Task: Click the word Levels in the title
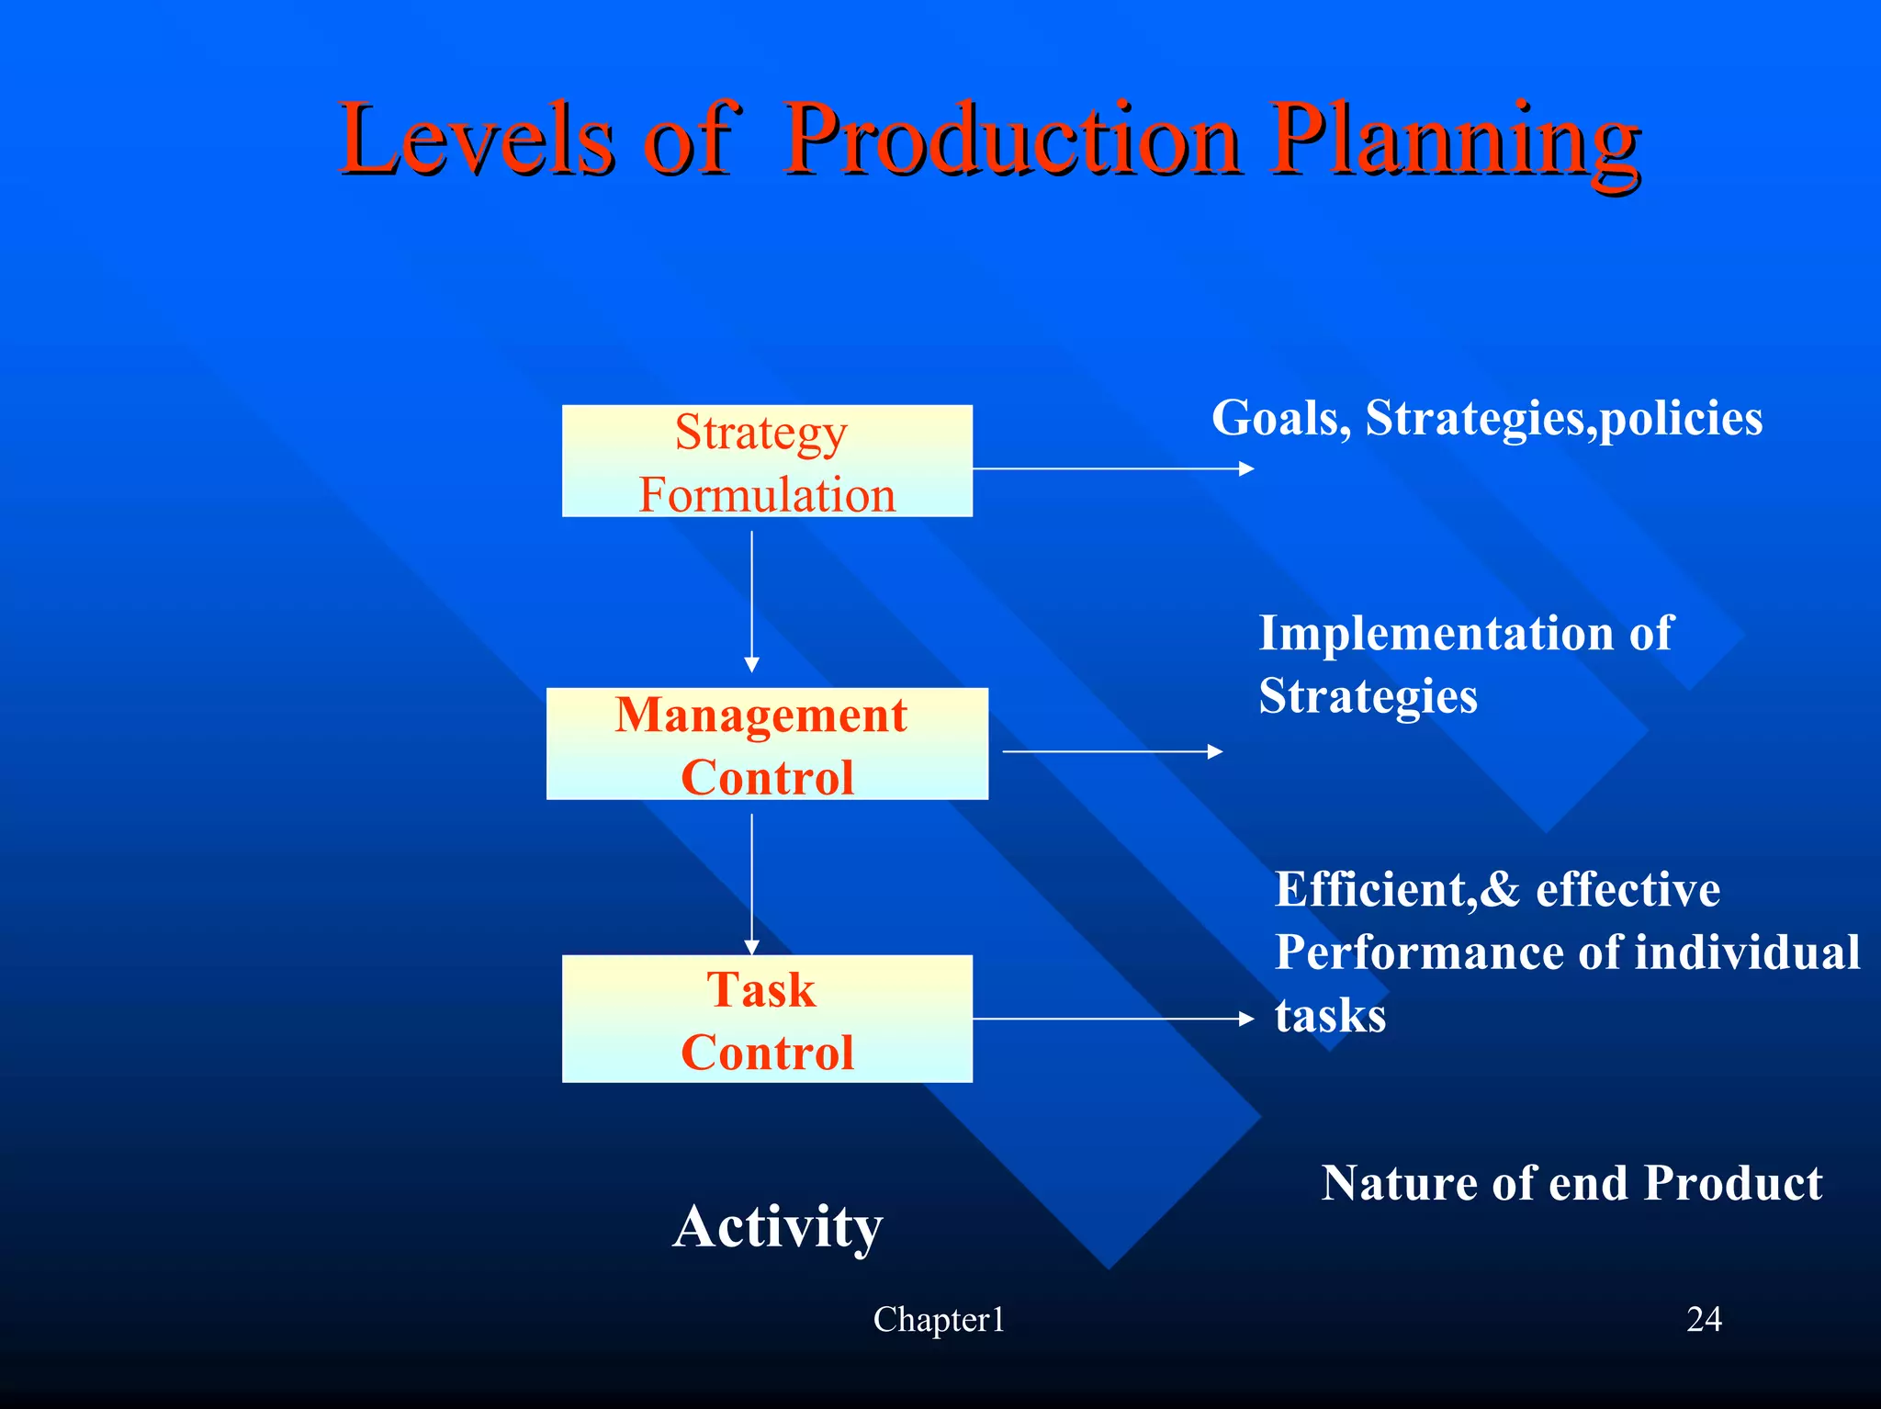pos(476,140)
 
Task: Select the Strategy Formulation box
pos(767,461)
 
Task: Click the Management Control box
pos(767,744)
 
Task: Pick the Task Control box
pos(767,1019)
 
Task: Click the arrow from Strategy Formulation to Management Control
pos(751,602)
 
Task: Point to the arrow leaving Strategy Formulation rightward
pos(1111,468)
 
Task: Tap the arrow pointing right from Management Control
pos(1111,751)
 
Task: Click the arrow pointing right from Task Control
pos(1111,1019)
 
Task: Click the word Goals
pos(1279,419)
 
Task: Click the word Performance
pos(1419,952)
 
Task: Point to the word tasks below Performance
pos(1330,1016)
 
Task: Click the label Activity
pos(777,1226)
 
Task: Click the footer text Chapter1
pos(939,1320)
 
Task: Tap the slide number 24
pos(1704,1320)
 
